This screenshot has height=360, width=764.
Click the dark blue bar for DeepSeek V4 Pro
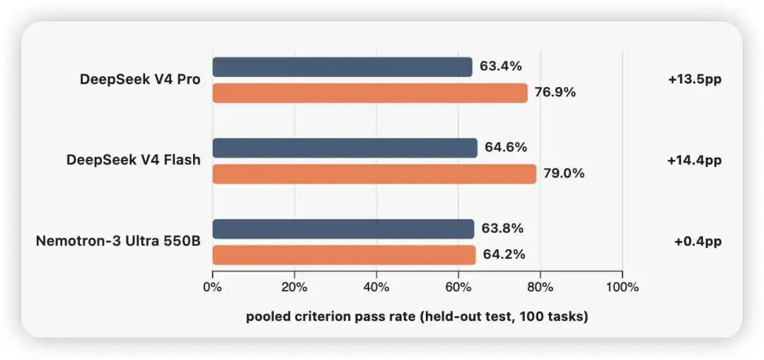coord(342,66)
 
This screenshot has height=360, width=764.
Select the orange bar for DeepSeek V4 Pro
coord(370,93)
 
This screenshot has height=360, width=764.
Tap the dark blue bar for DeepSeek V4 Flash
coord(345,148)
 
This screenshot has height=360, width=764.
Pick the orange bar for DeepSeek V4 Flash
coord(374,174)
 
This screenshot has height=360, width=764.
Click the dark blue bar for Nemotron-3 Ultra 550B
coord(344,229)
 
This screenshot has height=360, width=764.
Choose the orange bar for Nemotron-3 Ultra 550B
coord(344,255)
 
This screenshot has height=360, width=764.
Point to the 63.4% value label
coord(501,66)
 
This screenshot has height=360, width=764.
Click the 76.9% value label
coord(555,93)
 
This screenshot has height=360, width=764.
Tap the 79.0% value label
coord(564,173)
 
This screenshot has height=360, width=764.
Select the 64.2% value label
coord(504,255)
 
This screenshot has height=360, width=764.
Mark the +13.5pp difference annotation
coord(695,79)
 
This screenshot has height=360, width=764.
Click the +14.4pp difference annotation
coord(695,161)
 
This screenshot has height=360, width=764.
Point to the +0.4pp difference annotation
coord(698,242)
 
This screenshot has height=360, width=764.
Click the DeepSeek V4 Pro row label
coord(140,79)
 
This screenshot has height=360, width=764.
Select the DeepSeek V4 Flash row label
coord(134,161)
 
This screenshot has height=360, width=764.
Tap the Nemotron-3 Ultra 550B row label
coord(118,242)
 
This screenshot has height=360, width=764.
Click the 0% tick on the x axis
coord(212,287)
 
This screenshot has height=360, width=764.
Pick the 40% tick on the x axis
coord(376,287)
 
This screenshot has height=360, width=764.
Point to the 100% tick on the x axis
coord(623,287)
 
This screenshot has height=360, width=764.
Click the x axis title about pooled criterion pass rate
coord(417,317)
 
